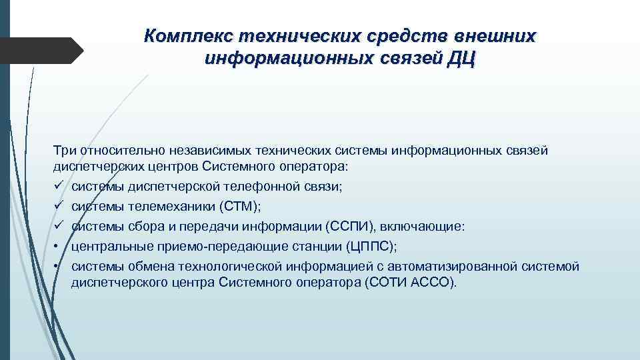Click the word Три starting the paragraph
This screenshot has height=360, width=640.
pos(65,151)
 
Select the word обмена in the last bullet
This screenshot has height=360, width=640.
pos(137,267)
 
